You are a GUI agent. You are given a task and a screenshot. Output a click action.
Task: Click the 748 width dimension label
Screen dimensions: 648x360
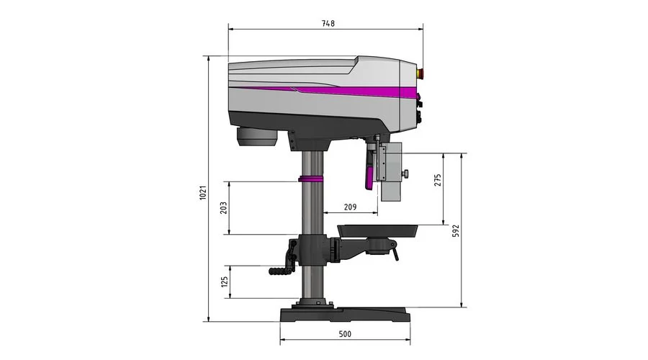click(x=328, y=24)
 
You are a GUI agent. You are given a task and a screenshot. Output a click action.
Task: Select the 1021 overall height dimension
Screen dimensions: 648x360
click(x=203, y=193)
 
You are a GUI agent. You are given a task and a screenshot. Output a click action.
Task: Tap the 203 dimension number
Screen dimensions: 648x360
click(x=223, y=207)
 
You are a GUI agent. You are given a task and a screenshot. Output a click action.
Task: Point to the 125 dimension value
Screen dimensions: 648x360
click(x=225, y=282)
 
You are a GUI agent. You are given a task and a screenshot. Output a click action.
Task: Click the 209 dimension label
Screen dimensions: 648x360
click(x=350, y=207)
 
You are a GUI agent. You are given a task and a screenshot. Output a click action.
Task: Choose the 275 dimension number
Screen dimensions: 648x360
click(x=438, y=180)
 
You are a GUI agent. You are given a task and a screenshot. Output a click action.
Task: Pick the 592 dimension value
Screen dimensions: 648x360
click(x=456, y=230)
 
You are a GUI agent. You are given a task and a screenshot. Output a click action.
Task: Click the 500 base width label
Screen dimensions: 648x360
click(x=345, y=334)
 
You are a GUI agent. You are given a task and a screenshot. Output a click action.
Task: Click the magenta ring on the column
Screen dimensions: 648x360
click(x=311, y=179)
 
